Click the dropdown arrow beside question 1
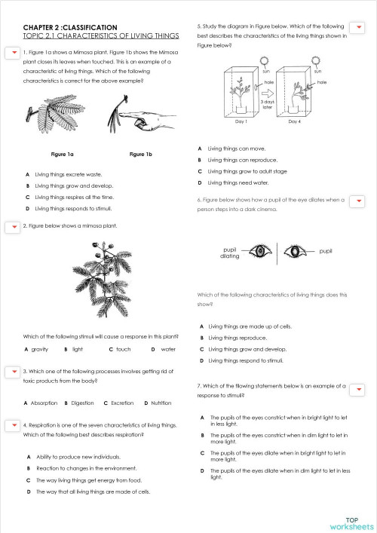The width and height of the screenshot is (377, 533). [x=13, y=51]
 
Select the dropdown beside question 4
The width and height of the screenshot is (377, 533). [x=13, y=425]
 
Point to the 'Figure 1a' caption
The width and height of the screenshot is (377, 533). [x=62, y=154]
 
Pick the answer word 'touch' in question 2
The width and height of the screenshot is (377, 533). [x=123, y=349]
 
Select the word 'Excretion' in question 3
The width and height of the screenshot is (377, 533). [x=121, y=403]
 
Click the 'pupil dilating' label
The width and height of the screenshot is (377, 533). [x=230, y=253]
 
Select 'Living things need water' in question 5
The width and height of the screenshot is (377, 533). [x=236, y=182]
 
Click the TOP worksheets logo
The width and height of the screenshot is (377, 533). [x=351, y=522]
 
